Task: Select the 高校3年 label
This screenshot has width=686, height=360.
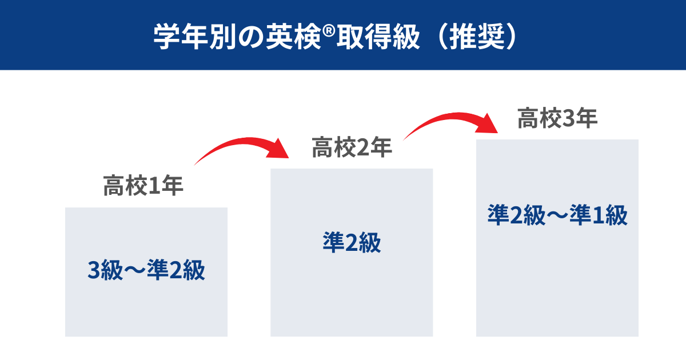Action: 557,119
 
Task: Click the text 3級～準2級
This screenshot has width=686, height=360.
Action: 146,270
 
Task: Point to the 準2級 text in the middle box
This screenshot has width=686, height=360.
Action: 352,244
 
